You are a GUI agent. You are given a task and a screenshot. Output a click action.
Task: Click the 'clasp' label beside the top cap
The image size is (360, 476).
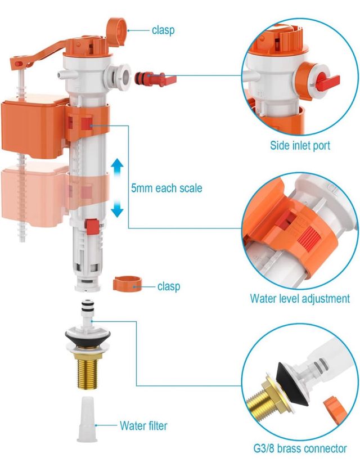tap(163, 30)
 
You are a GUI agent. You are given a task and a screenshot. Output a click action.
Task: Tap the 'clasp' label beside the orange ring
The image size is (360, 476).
tap(169, 286)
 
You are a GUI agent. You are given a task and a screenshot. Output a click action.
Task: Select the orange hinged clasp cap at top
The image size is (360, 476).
tap(116, 25)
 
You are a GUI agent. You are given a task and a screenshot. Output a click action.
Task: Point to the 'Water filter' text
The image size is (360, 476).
tap(143, 425)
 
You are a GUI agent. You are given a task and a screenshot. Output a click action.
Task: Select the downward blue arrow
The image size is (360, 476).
tap(117, 209)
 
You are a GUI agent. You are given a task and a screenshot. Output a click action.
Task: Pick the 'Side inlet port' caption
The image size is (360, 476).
tap(299, 146)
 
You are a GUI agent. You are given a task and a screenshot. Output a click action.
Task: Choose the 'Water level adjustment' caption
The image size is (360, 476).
tap(299, 299)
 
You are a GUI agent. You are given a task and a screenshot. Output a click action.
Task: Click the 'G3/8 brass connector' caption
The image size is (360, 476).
tap(299, 448)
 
